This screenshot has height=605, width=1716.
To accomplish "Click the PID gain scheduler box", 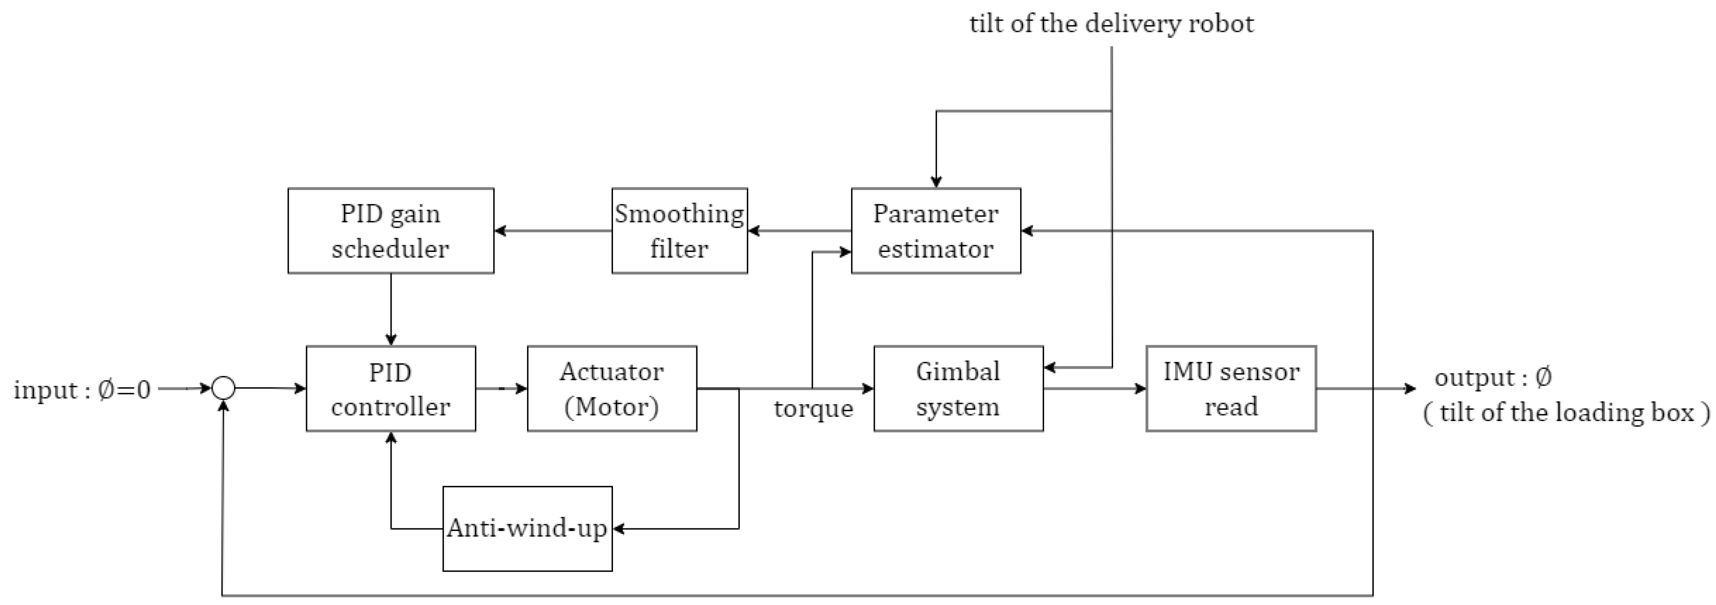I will pos(390,231).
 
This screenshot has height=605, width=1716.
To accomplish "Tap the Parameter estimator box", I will pos(935,231).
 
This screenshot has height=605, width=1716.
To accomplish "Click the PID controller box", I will pos(390,389).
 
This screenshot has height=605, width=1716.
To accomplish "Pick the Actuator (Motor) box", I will pos(612,389).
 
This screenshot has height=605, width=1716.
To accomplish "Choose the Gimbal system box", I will pos(958,389).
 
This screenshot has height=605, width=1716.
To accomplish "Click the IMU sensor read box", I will pos(1231,389).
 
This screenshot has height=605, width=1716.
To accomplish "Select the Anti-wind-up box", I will pos(527,528).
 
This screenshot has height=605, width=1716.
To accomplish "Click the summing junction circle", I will pos(223,388).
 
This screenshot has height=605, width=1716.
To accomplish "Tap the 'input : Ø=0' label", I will pos(82,389).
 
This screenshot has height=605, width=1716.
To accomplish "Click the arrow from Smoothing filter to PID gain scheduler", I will pos(553,231).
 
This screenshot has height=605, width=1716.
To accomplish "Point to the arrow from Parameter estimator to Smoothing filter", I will pos(799,231).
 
